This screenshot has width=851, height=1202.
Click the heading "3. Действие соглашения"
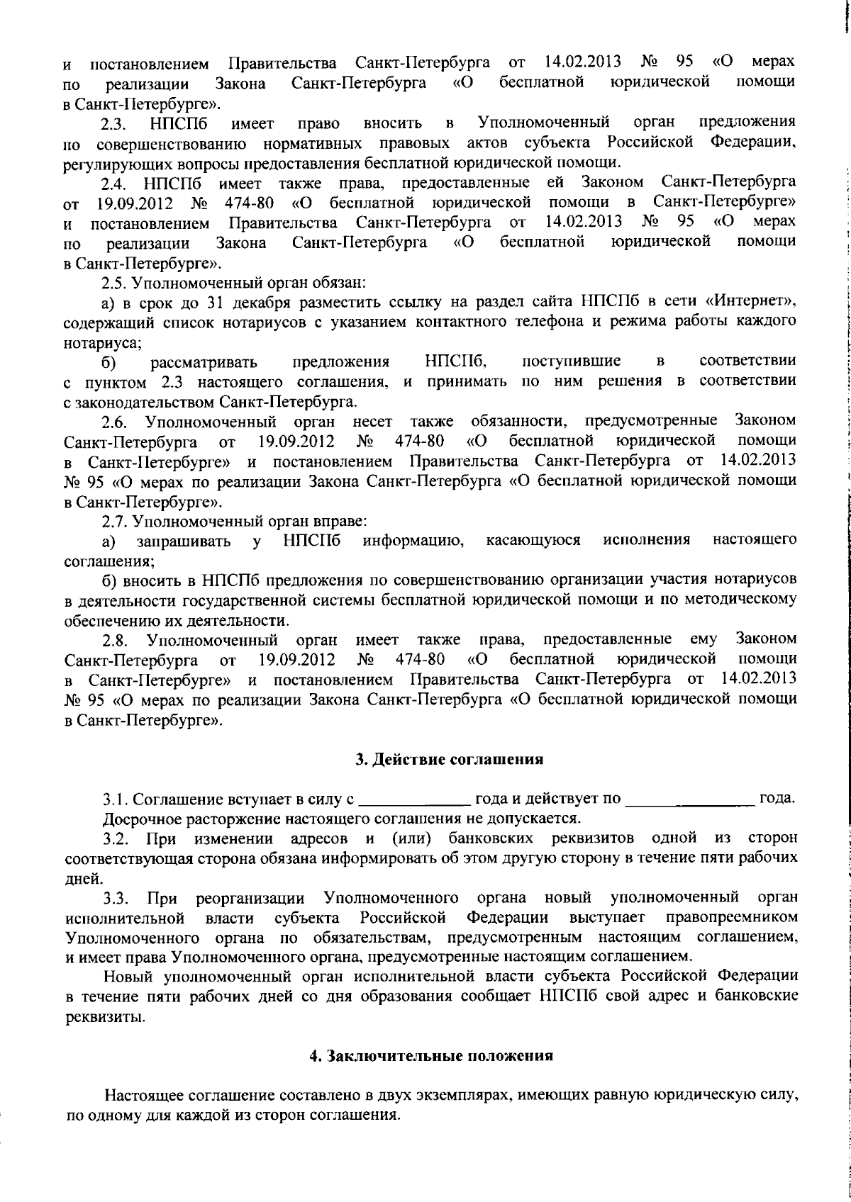coord(449,760)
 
